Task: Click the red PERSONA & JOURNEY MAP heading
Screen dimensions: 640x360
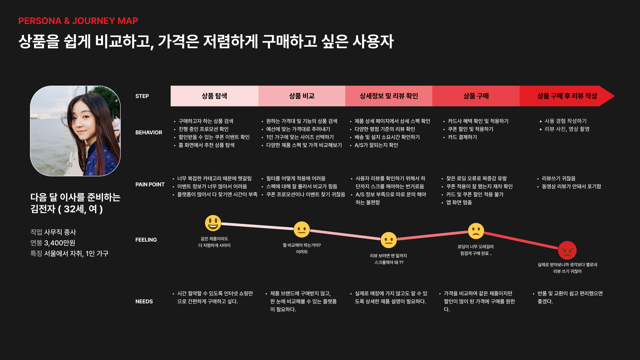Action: point(78,21)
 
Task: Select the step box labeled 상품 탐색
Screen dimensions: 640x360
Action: point(214,96)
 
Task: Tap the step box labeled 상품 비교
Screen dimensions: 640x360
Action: point(302,96)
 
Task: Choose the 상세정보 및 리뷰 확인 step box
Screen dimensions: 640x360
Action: point(389,96)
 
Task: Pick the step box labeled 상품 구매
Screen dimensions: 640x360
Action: point(476,96)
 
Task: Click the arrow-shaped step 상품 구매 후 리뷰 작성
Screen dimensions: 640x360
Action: point(567,96)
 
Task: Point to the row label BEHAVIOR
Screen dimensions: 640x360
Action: point(149,132)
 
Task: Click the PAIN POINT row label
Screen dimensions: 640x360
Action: point(150,184)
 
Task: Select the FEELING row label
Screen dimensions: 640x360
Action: point(146,240)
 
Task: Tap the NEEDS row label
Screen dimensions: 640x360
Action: point(144,301)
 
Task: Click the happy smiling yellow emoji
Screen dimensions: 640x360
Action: point(213,223)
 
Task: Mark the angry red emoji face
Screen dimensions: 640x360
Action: point(567,250)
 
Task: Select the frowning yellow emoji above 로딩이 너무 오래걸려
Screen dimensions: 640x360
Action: point(476,231)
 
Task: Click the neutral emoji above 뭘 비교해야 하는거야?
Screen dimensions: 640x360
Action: point(302,229)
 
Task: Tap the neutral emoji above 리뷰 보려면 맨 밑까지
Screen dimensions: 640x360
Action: point(389,240)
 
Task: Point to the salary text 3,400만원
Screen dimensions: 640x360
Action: point(60,243)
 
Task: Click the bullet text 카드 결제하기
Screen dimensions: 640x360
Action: point(462,137)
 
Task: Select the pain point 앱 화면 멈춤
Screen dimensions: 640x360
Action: point(459,202)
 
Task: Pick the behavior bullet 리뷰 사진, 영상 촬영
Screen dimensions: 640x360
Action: point(567,129)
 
